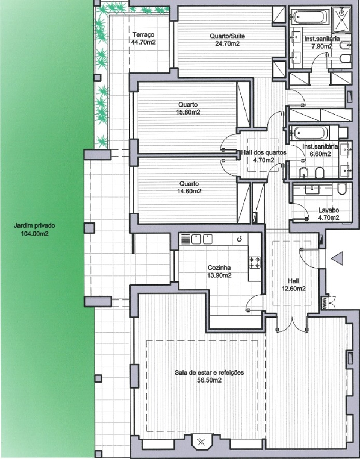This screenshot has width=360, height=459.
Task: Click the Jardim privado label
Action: pos(34,226)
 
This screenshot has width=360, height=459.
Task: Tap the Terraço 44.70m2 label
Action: pos(144,38)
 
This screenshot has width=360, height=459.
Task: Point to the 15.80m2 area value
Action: pos(188,112)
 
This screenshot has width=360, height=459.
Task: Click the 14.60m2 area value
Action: pos(189,191)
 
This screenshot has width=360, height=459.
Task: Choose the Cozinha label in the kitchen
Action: pos(219,267)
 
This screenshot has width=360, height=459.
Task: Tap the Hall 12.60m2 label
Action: pos(293,285)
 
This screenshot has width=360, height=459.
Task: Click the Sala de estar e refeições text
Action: pos(209,372)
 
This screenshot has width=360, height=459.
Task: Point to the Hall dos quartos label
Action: pos(263,153)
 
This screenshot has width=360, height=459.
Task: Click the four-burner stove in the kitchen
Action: pos(254,262)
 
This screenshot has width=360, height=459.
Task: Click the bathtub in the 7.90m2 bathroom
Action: pos(311,17)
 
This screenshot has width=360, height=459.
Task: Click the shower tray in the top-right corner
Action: pos(341,19)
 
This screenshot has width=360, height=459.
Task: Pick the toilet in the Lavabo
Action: pos(341,189)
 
